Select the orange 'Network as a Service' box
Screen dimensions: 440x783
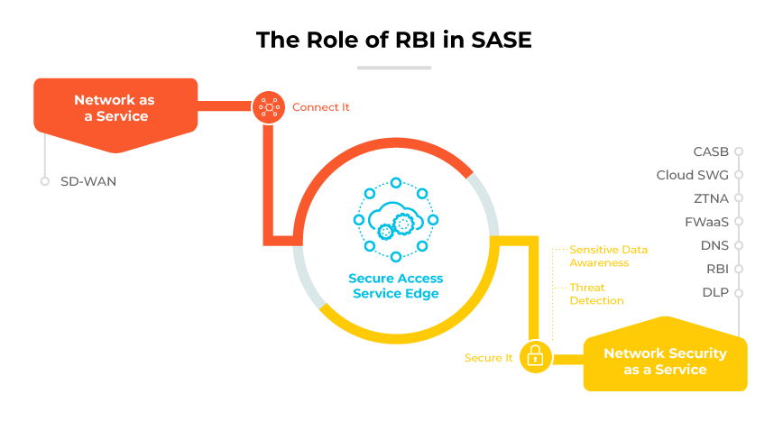[115, 107]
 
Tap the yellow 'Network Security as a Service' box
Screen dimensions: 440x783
[665, 362]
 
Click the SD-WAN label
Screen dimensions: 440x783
[88, 181]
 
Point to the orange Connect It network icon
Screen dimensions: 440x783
[268, 107]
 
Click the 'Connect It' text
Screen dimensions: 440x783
[320, 107]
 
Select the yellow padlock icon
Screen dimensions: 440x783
[535, 357]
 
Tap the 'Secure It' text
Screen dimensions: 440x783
[488, 358]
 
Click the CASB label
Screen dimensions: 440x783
[711, 151]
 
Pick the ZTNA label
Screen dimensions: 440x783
[711, 198]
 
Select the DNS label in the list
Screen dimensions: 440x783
[714, 245]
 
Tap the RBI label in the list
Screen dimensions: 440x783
[716, 269]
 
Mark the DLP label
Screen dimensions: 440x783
[715, 292]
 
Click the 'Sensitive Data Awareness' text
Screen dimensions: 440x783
[608, 256]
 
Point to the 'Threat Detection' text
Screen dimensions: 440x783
[596, 294]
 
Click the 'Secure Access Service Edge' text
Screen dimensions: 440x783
[395, 286]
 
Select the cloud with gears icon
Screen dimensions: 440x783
[395, 220]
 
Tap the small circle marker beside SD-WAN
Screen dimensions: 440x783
[44, 181]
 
